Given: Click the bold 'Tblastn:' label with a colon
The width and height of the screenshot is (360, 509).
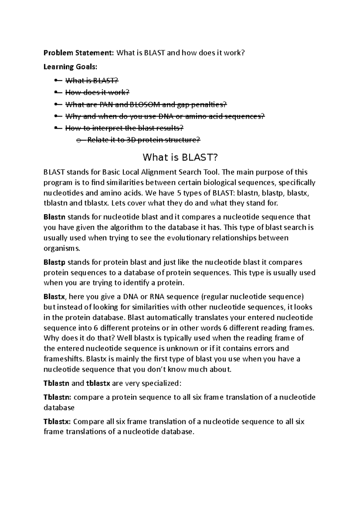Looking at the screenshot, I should [57, 397].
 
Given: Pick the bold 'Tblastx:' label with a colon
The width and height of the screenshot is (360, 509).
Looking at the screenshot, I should [57, 421].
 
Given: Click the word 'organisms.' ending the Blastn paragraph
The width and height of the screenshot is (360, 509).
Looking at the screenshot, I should [62, 249].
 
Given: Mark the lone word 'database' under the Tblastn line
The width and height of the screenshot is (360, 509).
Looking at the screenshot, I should [59, 408].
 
